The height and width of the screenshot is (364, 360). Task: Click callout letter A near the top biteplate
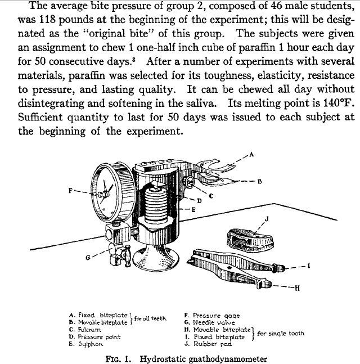[251, 154]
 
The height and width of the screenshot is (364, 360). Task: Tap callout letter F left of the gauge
[71, 191]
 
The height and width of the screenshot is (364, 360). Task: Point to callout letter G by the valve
[88, 258]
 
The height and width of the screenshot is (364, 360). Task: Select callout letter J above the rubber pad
[267, 219]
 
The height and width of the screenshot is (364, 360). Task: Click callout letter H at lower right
[298, 288]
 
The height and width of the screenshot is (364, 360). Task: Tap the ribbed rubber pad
[250, 240]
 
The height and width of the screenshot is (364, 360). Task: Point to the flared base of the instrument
[155, 258]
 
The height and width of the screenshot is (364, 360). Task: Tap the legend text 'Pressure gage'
[217, 316]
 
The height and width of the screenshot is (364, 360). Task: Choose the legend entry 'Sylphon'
[91, 344]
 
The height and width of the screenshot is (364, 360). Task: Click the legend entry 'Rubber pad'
[213, 344]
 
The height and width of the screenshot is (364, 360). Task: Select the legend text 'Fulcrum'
[89, 330]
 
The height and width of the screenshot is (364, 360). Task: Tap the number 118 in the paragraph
[47, 20]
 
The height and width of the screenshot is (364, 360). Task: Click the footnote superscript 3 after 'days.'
[134, 60]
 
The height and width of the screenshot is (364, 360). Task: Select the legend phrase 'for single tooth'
[281, 334]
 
